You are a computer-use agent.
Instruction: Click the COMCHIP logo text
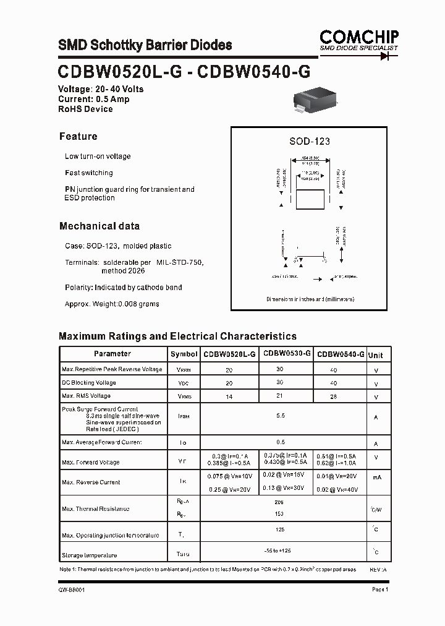click(358, 36)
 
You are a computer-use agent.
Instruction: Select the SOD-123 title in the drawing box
click(309, 141)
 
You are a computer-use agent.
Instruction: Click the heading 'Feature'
click(78, 137)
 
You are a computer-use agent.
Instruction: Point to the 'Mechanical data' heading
click(99, 226)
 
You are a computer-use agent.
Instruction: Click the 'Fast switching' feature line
click(88, 173)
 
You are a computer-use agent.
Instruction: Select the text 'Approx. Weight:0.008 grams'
click(112, 304)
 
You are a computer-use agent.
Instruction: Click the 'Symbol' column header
click(184, 354)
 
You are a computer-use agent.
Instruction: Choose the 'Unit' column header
click(375, 355)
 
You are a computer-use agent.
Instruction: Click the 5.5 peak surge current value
click(281, 416)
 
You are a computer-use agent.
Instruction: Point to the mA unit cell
click(376, 477)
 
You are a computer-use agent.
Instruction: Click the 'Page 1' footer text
click(379, 590)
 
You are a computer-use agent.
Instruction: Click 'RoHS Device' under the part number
click(85, 109)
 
